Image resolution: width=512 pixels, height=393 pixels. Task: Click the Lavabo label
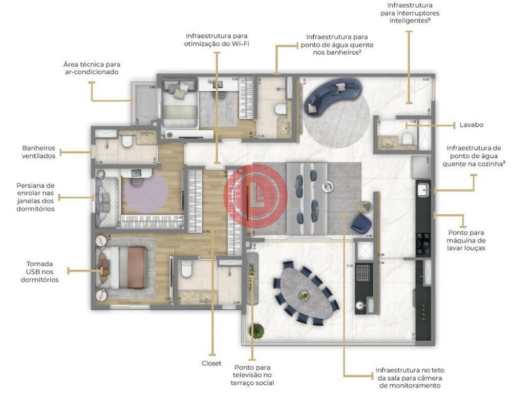click(x=471, y=125)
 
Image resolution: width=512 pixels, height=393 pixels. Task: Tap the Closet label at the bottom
click(x=211, y=363)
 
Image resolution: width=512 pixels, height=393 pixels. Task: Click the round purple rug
click(x=146, y=193)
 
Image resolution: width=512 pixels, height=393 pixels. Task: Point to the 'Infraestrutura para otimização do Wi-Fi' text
click(x=216, y=40)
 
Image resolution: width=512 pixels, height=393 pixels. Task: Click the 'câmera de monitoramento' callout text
click(x=410, y=377)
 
